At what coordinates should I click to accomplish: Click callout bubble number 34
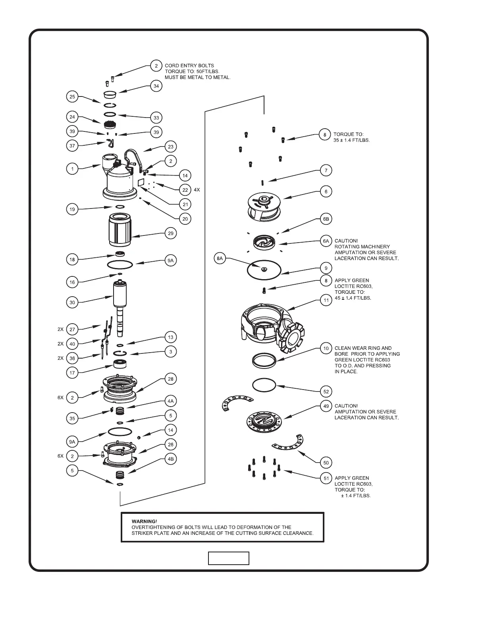click(156, 86)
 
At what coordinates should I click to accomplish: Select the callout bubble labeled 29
click(171, 233)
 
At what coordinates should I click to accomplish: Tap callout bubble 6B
click(326, 219)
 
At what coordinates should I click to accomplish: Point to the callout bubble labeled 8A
click(220, 259)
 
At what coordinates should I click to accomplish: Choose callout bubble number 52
click(326, 392)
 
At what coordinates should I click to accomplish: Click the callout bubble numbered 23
click(171, 147)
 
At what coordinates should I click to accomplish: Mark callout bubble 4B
click(171, 459)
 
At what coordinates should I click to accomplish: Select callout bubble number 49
click(326, 406)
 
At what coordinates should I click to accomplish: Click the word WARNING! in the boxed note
click(144, 521)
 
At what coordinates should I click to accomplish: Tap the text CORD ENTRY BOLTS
click(189, 66)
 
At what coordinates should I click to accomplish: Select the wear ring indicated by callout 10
click(264, 360)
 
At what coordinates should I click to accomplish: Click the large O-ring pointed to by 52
click(264, 385)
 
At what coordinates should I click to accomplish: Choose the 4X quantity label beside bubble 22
click(197, 190)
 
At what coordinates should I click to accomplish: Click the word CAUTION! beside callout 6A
click(346, 241)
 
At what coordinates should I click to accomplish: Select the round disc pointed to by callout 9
click(264, 270)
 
